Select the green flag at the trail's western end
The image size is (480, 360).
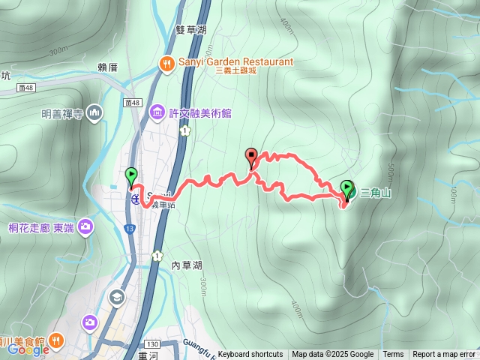131,176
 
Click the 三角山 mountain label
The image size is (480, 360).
375,193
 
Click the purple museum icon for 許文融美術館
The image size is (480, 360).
157,112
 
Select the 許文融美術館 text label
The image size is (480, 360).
199,113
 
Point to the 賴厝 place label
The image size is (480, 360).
109,66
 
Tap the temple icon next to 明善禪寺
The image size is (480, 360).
94,114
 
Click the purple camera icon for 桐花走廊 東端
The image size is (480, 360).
85,225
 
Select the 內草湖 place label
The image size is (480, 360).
187,265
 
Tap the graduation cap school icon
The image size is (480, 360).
116,297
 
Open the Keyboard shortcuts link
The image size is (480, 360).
250,355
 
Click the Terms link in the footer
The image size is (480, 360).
393,355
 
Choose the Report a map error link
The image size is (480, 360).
444,355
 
